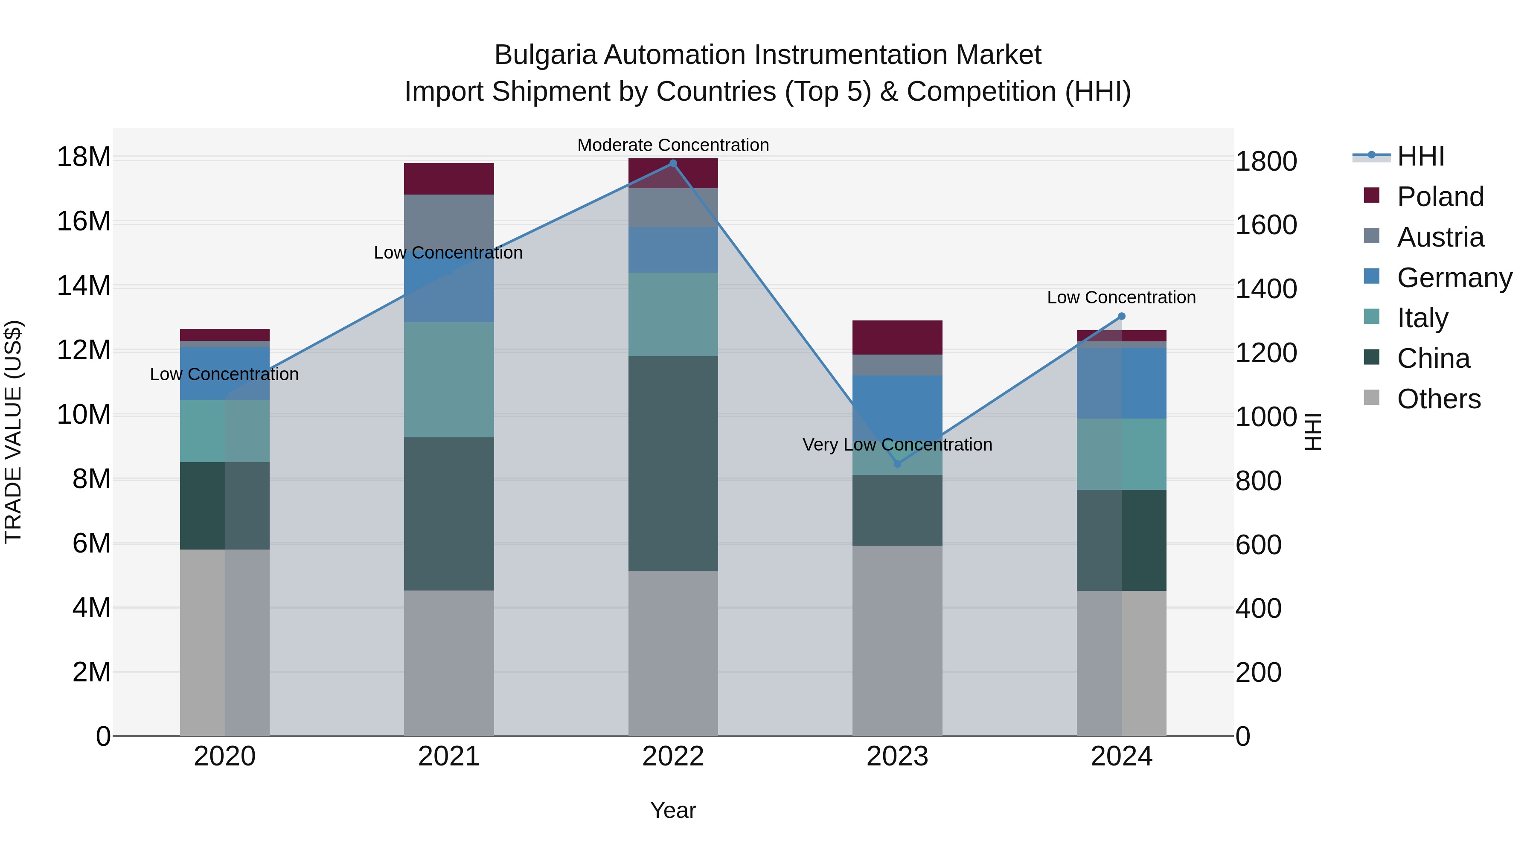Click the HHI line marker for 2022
pos(673,163)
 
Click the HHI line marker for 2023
pos(897,464)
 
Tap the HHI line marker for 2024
pos(1122,316)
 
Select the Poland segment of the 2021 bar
pos(449,179)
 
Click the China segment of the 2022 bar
pos(673,463)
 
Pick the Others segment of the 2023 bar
pos(897,640)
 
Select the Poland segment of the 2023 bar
pos(897,337)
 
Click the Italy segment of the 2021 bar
pos(449,380)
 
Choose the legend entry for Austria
pos(1440,237)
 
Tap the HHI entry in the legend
pos(1420,156)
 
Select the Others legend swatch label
pos(1438,399)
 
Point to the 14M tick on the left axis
pos(84,285)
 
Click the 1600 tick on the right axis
pos(1266,225)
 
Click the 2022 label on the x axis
pos(673,756)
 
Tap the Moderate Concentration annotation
pos(673,145)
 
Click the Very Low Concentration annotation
pos(897,445)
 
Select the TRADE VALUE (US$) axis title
pos(14,432)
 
